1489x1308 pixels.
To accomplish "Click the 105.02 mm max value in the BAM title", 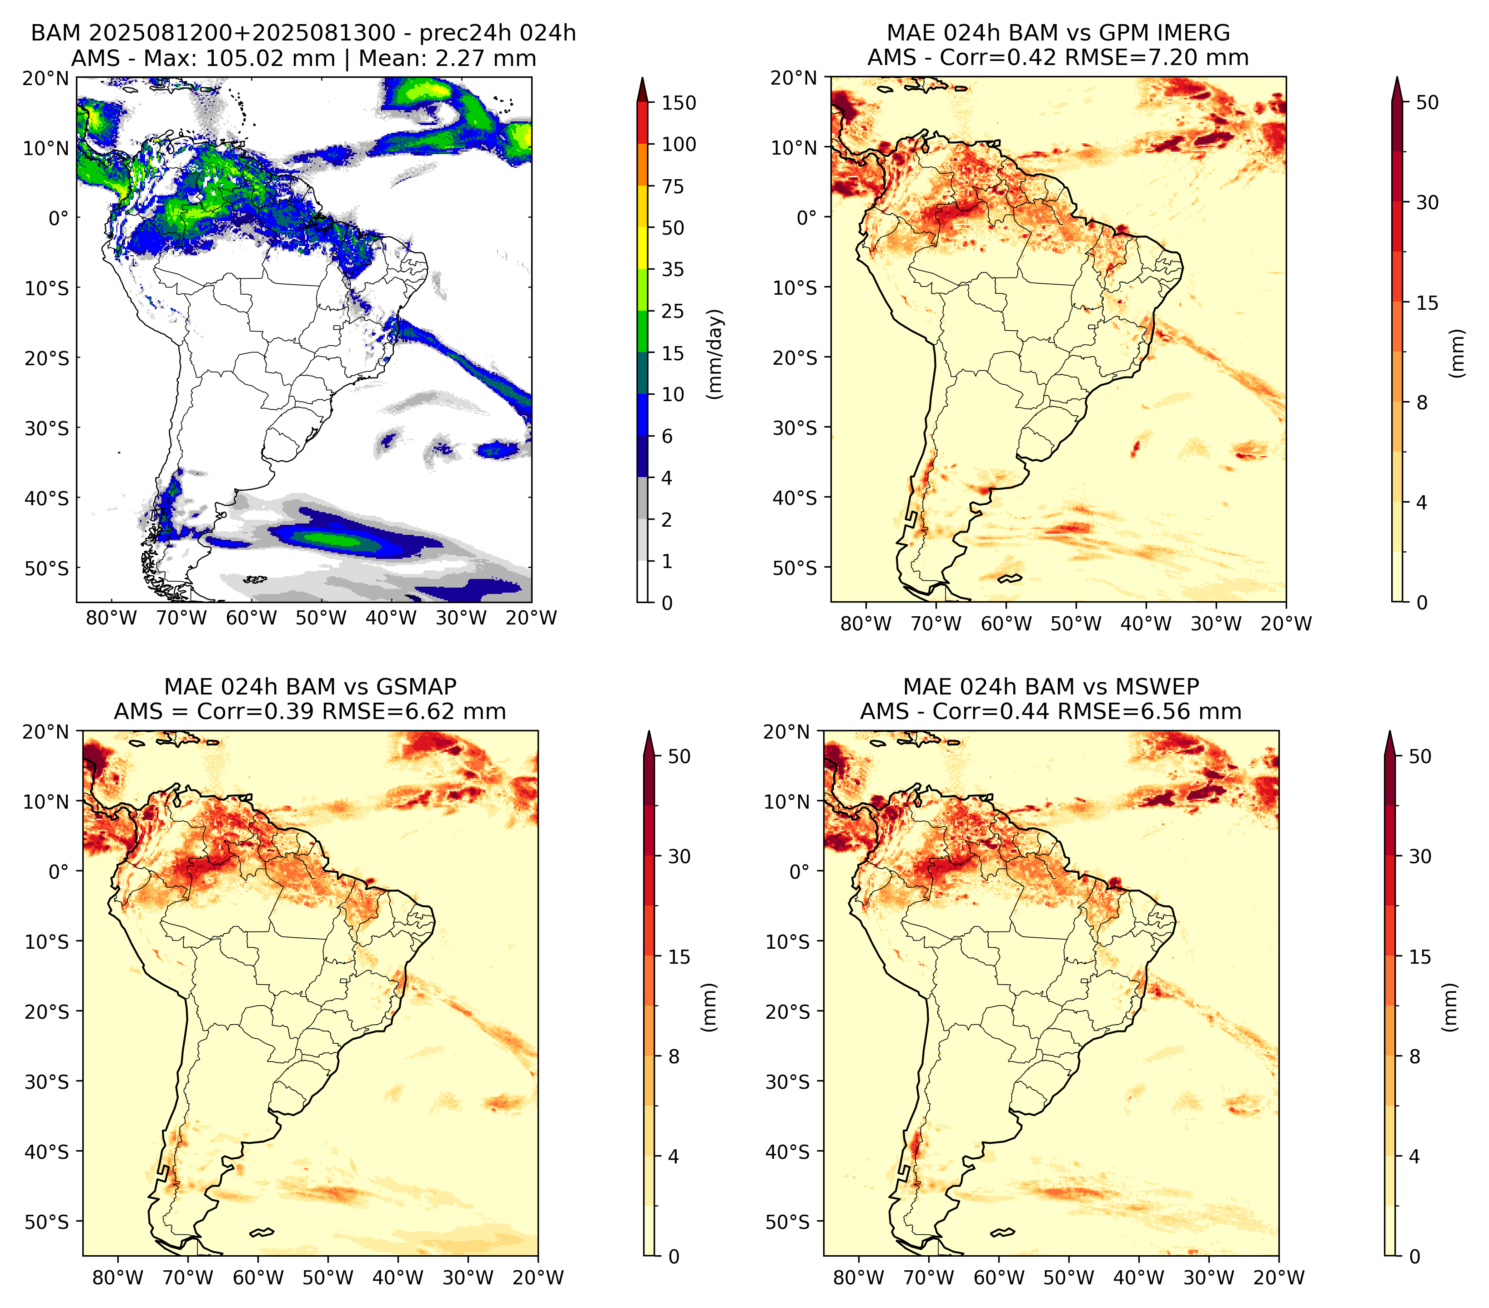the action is pos(270,58).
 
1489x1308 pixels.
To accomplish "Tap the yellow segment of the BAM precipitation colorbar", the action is pos(643,227).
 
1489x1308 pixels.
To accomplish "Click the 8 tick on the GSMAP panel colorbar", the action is pos(674,1056).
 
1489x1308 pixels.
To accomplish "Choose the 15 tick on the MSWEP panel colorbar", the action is pos(1420,956).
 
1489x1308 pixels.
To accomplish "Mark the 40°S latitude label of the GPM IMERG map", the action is pos(795,498).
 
